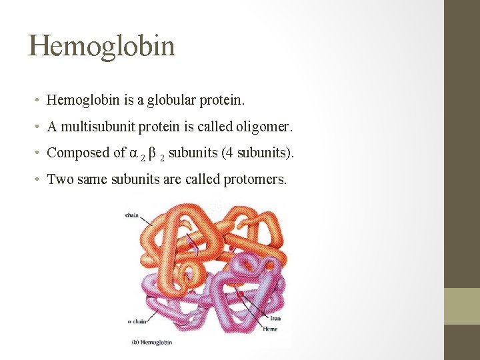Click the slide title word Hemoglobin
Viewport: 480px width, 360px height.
102,46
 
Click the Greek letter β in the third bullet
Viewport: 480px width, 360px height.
153,153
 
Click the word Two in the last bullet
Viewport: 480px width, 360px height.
61,179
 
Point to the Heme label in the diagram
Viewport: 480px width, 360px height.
270,329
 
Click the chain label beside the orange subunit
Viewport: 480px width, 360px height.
131,215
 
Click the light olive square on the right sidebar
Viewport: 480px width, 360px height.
462,306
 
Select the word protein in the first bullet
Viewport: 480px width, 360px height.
223,101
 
